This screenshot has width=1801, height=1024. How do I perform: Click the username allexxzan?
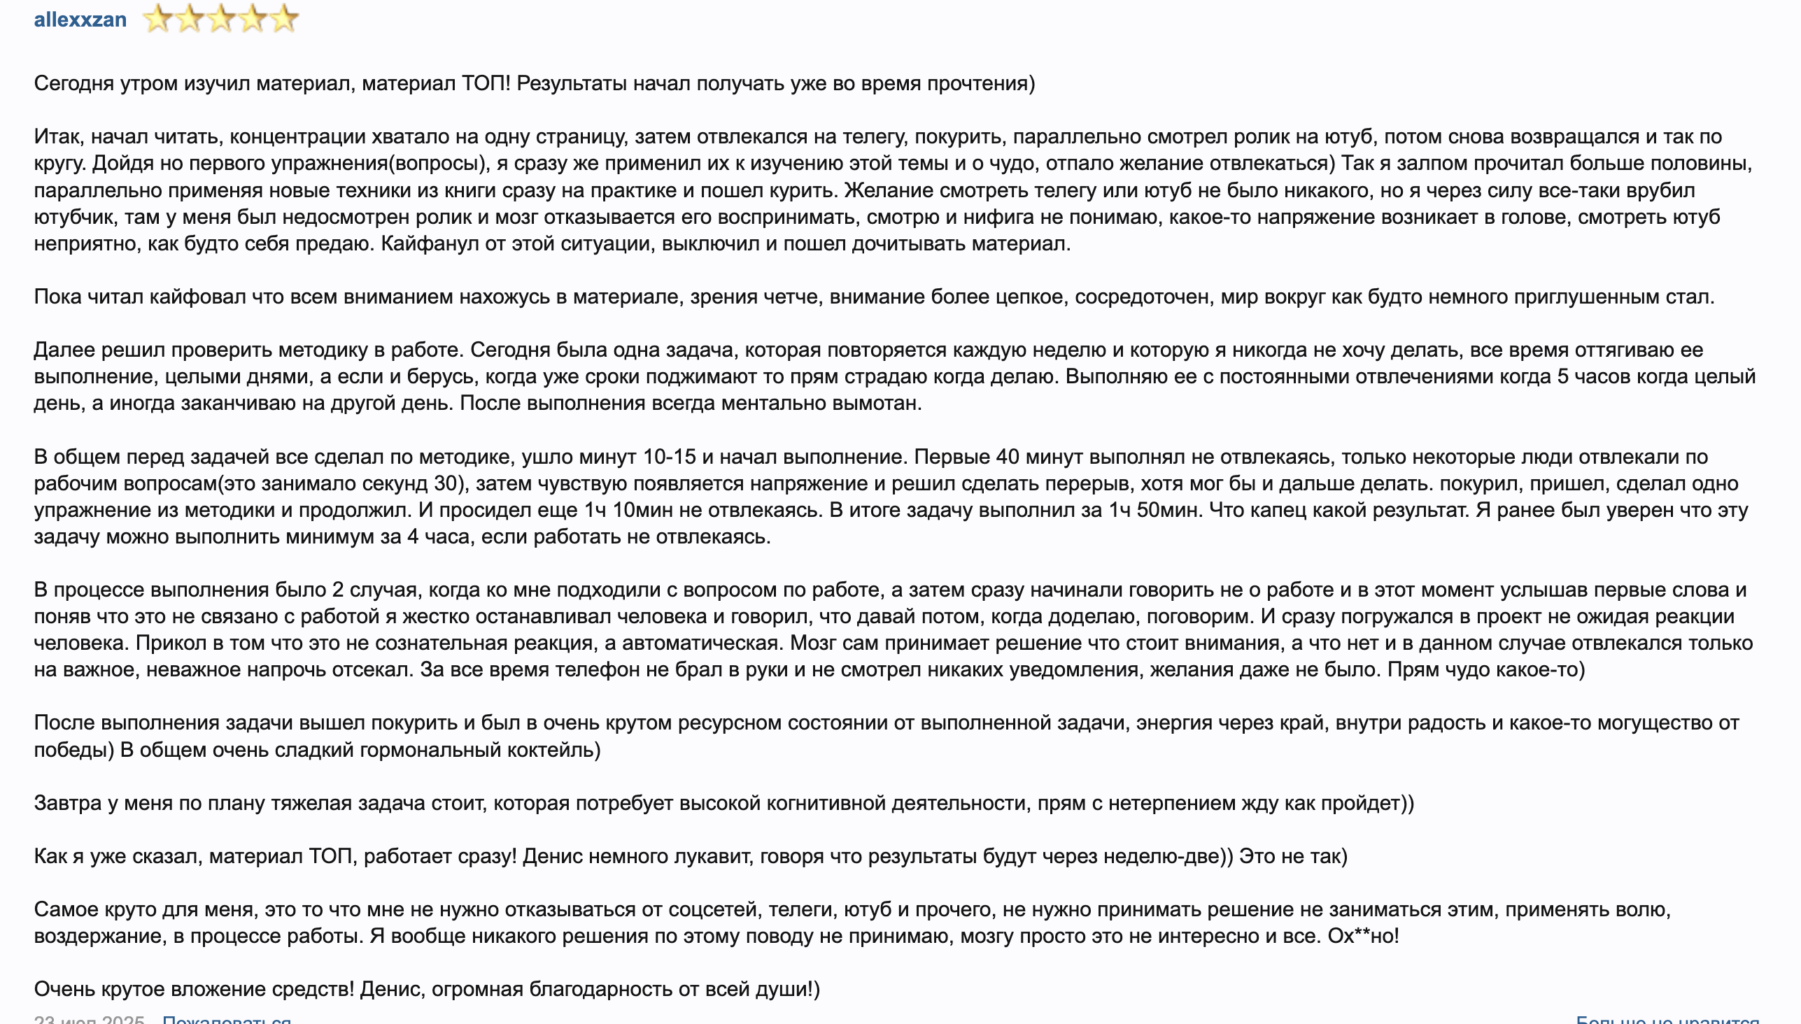tap(80, 20)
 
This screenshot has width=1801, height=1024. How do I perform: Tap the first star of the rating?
tap(157, 19)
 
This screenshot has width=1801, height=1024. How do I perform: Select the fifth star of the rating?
tap(283, 19)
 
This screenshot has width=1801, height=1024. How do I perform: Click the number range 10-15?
tap(669, 457)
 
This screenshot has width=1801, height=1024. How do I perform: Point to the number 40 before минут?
tap(1008, 457)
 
